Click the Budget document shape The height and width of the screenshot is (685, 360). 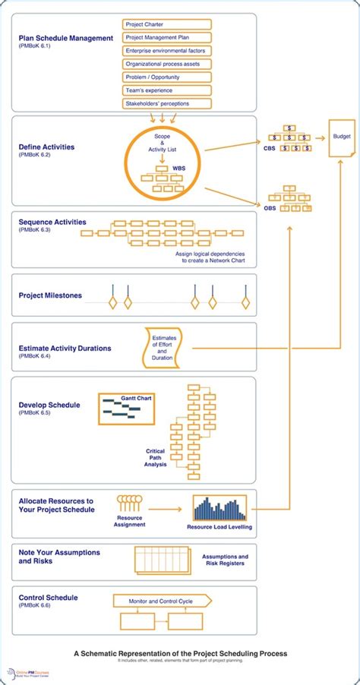pos(342,138)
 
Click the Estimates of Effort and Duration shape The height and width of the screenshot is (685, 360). pos(162,347)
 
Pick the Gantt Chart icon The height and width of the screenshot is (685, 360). pos(120,409)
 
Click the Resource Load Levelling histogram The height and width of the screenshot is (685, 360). pos(220,509)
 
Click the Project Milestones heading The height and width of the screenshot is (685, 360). pos(50,295)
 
